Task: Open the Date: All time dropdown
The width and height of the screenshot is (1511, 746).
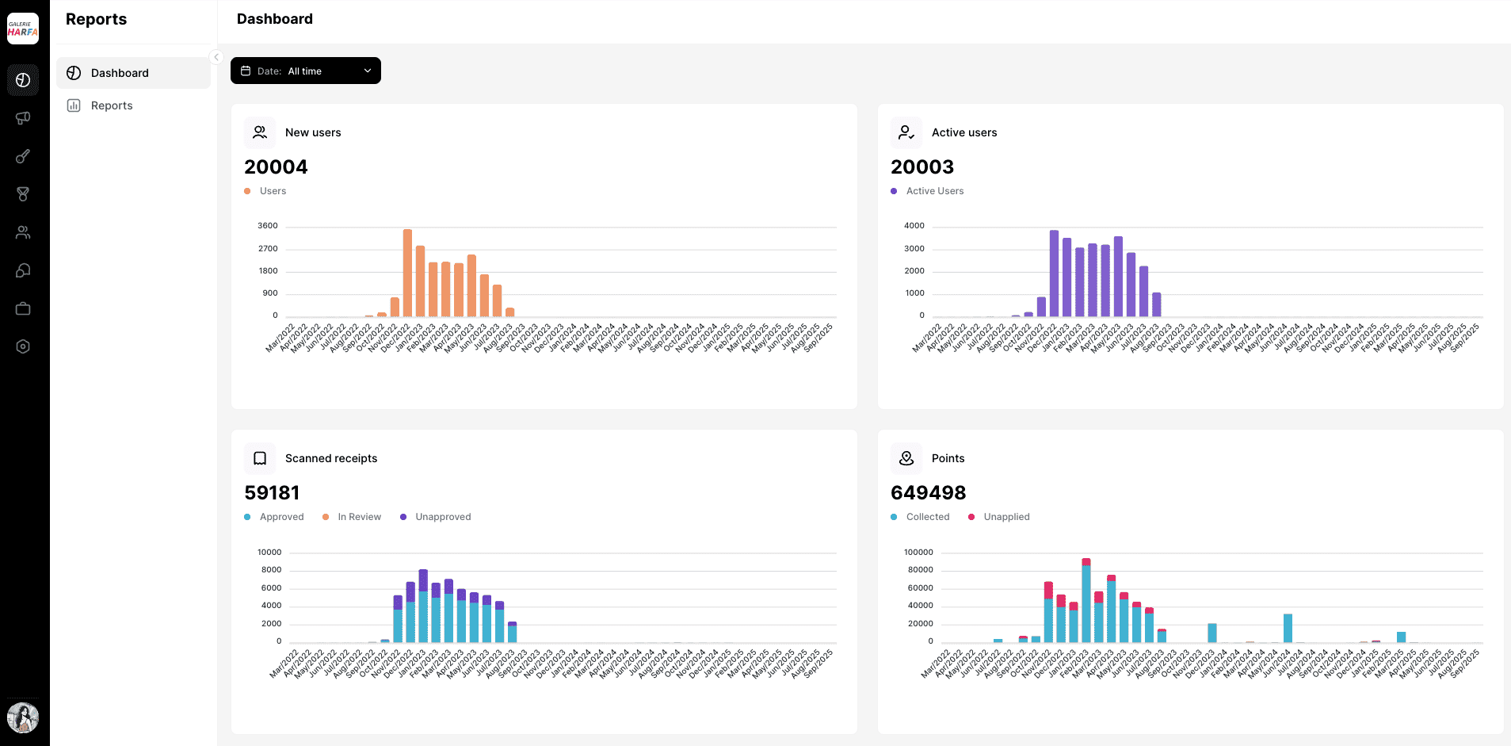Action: coord(305,71)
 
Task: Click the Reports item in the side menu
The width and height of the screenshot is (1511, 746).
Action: coord(112,105)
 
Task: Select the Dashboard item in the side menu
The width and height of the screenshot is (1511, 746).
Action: coord(120,73)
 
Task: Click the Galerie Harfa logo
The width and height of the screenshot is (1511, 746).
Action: coord(23,29)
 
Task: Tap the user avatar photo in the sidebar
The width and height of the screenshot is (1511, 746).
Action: coord(23,717)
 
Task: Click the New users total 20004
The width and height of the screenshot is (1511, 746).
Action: coord(276,166)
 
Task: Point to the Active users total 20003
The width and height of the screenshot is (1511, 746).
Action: coord(922,166)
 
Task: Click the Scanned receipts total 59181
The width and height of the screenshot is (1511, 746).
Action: coord(272,492)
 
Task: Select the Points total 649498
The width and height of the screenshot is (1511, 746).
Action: coord(928,492)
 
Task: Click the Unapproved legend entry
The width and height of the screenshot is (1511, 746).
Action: coord(442,517)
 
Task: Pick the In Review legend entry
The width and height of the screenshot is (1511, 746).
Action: coord(359,517)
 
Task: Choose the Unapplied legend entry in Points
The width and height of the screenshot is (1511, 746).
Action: coord(1006,517)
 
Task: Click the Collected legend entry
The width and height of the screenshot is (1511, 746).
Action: coord(927,517)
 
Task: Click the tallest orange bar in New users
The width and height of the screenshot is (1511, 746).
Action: coord(407,274)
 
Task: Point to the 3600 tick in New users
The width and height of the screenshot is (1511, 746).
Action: coord(268,226)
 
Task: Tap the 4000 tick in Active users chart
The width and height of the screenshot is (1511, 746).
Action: coord(914,226)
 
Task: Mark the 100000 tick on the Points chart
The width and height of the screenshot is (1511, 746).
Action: coord(918,553)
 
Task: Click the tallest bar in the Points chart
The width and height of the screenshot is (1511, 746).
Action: coord(1086,603)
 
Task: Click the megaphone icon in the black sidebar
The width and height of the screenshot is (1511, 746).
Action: coord(23,118)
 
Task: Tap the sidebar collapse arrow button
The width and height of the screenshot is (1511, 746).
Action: coord(216,57)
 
